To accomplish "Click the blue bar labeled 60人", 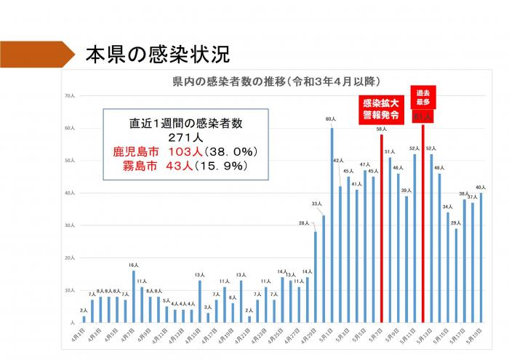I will coord(332,225).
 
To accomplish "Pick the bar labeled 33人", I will coord(324,269).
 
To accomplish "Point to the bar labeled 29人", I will coord(456,276).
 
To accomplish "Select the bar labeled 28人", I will coord(315,277).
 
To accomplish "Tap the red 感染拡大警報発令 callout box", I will coord(381,108).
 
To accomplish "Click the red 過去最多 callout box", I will coord(422,97).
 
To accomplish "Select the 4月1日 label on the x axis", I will coord(82,335).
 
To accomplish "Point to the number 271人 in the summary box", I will coord(187,137).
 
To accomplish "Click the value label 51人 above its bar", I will coord(390,151).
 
